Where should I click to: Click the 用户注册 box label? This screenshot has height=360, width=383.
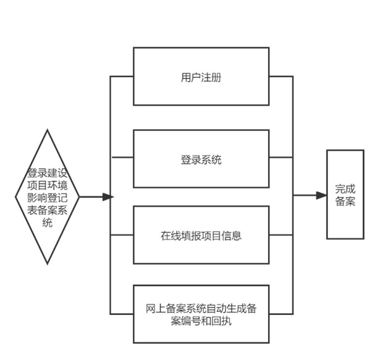tap(201, 78)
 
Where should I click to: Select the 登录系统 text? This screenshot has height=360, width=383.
tap(201, 160)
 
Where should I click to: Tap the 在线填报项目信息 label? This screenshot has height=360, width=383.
tap(201, 236)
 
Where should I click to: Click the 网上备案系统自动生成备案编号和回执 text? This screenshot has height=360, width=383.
tap(201, 314)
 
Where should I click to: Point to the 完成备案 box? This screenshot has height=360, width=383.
tap(345, 195)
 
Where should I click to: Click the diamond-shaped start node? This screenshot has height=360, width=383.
tap(48, 197)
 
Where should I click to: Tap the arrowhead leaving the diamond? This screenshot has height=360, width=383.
tap(108, 197)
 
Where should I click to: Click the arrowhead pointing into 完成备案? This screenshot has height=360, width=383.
tap(321, 195)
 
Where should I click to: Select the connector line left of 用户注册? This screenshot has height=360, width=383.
tap(122, 77)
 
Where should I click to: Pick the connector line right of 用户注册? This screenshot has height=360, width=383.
tap(281, 77)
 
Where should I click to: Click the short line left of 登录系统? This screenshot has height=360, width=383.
tap(122, 157)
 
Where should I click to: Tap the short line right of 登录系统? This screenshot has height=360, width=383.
tap(281, 157)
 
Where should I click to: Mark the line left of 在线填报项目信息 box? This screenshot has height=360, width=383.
tap(122, 235)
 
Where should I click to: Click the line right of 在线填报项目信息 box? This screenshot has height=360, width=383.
tap(281, 235)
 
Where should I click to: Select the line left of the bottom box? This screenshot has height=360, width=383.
tap(122, 314)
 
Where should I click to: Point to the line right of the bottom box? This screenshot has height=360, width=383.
tap(281, 314)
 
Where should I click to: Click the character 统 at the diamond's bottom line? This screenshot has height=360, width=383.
tap(48, 223)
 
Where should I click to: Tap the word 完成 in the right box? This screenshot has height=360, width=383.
tap(345, 189)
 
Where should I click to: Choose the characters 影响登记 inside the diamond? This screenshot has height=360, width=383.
tap(48, 198)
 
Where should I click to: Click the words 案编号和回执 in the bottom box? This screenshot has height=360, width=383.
tap(201, 320)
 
